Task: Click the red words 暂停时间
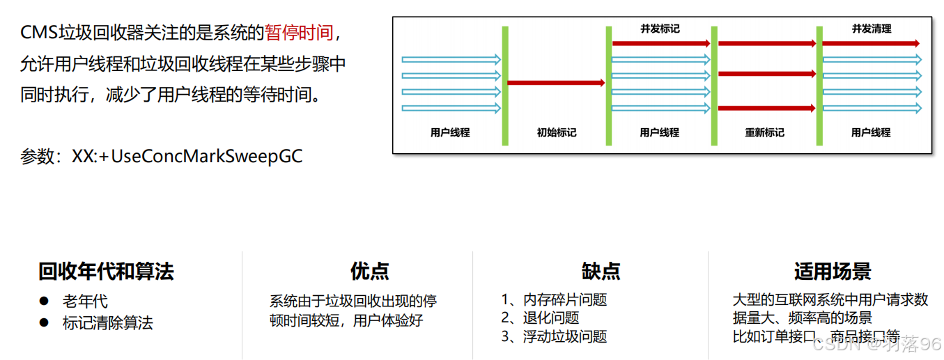point(299,33)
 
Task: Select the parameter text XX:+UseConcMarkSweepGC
point(187,156)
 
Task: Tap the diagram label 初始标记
point(556,132)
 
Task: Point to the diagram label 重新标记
point(764,132)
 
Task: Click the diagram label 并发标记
point(660,29)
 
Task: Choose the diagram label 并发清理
point(871,29)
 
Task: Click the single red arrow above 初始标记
point(556,83)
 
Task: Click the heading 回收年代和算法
point(106,272)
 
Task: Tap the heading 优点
point(369,272)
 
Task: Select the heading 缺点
point(601,272)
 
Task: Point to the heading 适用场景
point(833,272)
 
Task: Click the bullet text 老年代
point(85,302)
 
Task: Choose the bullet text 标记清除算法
point(107,323)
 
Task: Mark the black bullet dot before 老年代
point(44,301)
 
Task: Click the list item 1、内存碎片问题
point(554,300)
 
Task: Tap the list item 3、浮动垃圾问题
point(554,337)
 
